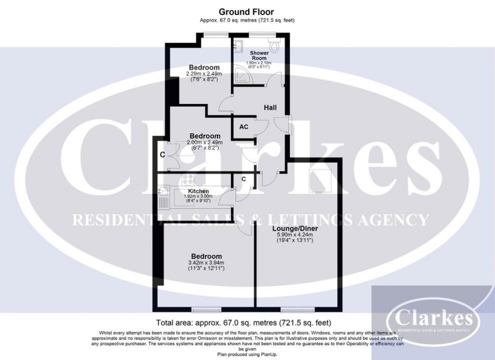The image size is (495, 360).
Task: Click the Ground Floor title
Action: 247,12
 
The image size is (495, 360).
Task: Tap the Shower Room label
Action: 259,56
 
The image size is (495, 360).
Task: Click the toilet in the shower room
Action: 275,46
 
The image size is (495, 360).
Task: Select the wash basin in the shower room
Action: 237,46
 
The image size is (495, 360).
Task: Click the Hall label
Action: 270,107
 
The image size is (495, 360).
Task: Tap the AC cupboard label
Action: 244,127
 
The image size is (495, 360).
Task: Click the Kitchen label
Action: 198,191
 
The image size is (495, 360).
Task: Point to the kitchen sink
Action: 163,192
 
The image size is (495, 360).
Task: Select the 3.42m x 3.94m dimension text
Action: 205,263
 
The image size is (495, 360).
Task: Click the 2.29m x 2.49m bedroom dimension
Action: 204,74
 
